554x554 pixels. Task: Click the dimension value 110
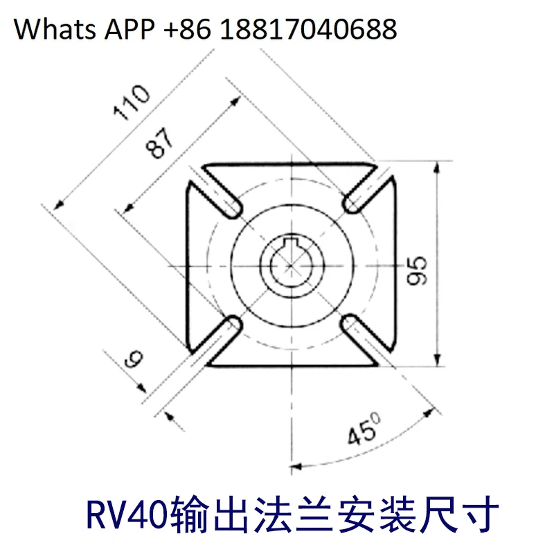pos(131,105)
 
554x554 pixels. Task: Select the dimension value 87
pos(161,144)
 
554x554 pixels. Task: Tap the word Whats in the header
pos(55,29)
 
